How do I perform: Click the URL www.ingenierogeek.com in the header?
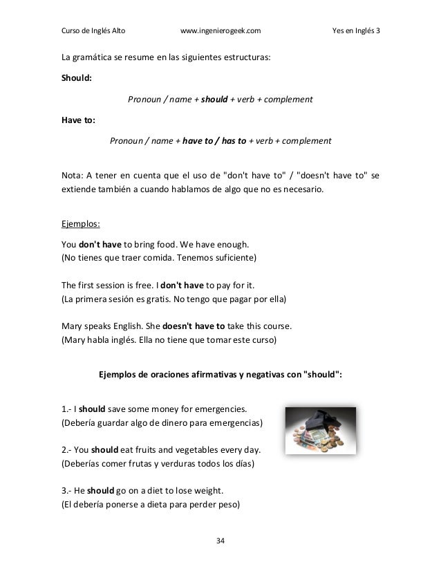point(220,30)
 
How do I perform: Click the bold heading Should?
point(77,79)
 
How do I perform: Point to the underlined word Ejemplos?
point(82,224)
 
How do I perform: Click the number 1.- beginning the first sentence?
point(67,406)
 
